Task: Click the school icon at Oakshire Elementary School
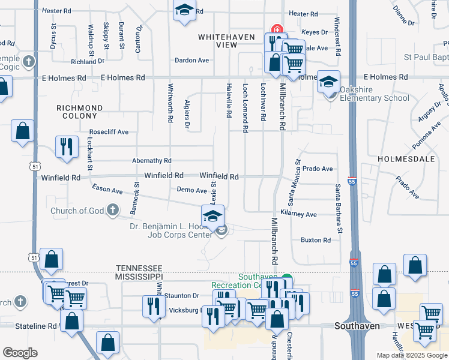pos(328,82)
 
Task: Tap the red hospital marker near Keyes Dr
pos(277,28)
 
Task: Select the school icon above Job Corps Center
pos(212,217)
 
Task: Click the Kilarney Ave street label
pos(298,214)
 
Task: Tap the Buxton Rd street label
pos(316,240)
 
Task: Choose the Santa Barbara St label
pos(339,209)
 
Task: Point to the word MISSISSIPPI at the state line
pos(139,276)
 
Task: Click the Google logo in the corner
pos(20,353)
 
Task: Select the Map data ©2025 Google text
pos(411,355)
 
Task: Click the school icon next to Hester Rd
pos(185,10)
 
